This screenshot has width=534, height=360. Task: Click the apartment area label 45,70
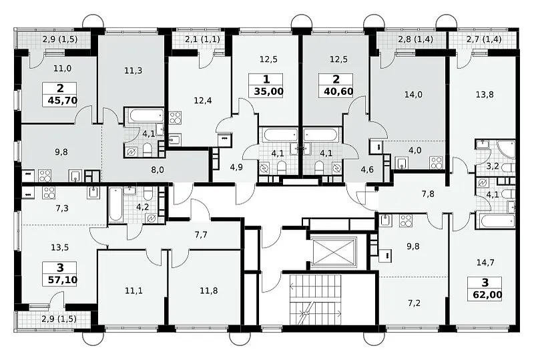[63, 101]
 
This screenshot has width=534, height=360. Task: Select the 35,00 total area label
[268, 92]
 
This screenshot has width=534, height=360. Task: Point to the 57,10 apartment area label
[62, 281]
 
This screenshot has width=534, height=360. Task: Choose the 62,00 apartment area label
[487, 295]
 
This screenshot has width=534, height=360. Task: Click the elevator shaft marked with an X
[333, 252]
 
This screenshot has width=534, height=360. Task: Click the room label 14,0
[413, 94]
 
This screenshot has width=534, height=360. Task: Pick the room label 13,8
[485, 94]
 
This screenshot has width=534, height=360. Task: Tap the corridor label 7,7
[201, 235]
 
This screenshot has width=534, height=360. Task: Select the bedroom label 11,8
[209, 291]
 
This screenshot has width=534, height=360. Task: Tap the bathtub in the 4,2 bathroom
[115, 204]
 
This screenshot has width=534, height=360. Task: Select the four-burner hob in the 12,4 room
[175, 118]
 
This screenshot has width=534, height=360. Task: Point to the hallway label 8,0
[157, 170]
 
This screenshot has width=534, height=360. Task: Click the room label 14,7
[485, 262]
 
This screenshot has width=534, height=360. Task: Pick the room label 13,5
[59, 247]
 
